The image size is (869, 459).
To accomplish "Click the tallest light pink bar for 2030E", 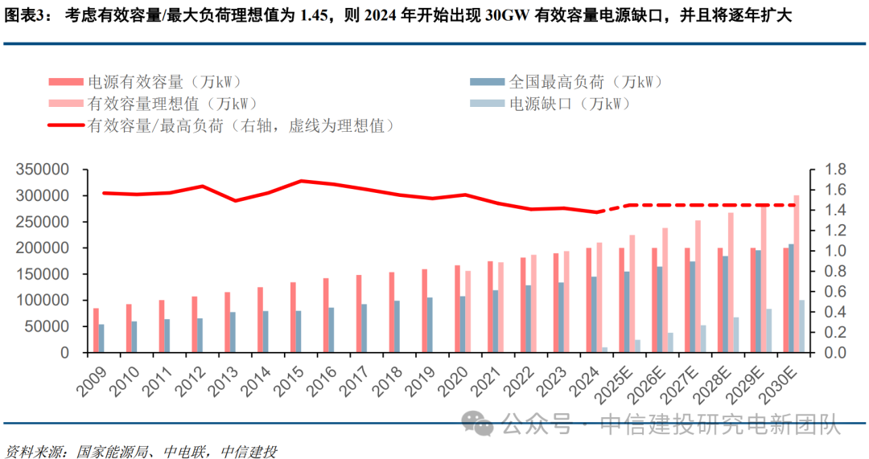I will point(797,273).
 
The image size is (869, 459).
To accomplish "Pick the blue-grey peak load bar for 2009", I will point(101,338).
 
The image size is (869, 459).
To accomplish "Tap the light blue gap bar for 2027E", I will point(703,338).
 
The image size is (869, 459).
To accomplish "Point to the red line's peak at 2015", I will point(301,181).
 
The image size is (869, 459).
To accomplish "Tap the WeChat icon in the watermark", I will point(481,424).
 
